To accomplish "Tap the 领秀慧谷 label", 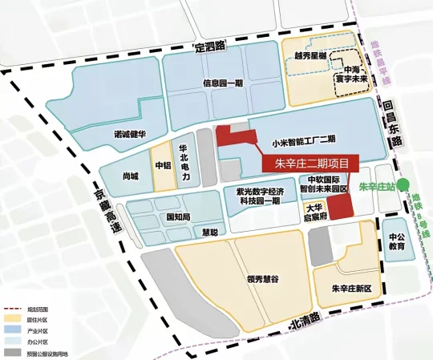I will coord(263,279).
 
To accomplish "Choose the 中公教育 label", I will coord(397,241).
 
